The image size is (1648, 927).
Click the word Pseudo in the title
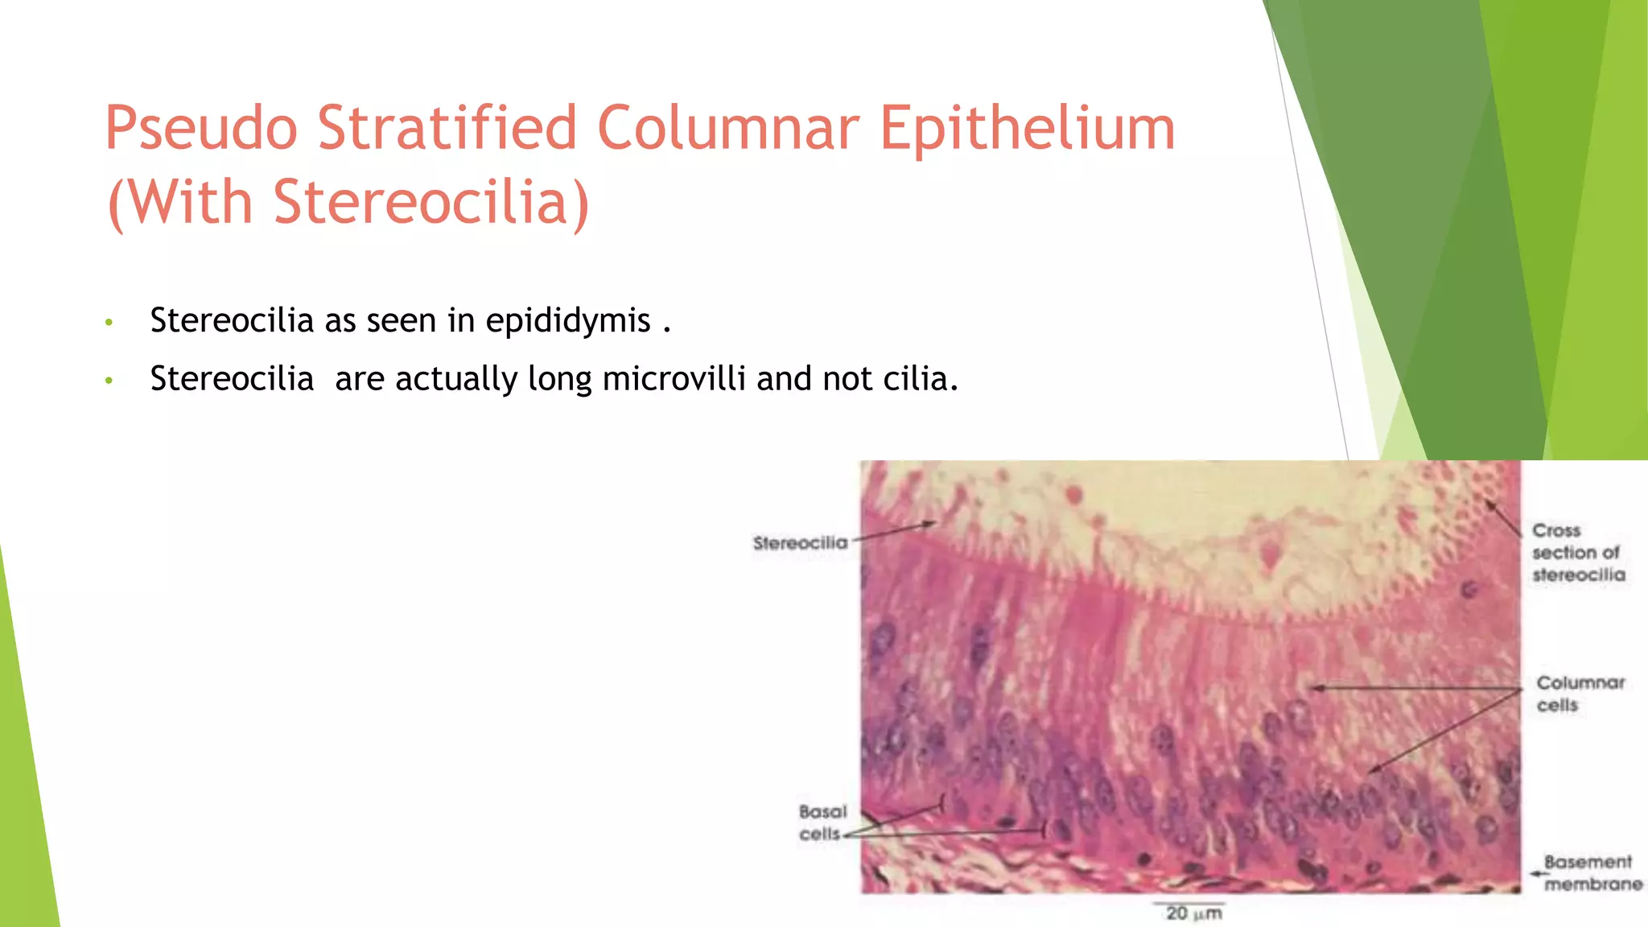pos(201,129)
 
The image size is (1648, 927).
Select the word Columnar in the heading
pos(729,129)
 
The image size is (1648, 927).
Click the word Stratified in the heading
pos(447,129)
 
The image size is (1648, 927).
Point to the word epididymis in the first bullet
pos(568,321)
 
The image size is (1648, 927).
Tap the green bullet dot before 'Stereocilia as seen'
pos(109,323)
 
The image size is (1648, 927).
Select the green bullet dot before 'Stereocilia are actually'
pos(109,381)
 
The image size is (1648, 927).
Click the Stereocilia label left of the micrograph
pos(800,543)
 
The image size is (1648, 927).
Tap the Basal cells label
pos(822,822)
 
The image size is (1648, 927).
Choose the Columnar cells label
pos(1580,694)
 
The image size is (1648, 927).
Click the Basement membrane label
pos(1592,873)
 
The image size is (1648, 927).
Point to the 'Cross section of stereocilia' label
pos(1577,553)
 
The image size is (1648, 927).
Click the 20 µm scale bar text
pos(1193,913)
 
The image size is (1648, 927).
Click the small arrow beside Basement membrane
pos(1537,873)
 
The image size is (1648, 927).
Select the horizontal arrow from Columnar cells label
pos(1416,689)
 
